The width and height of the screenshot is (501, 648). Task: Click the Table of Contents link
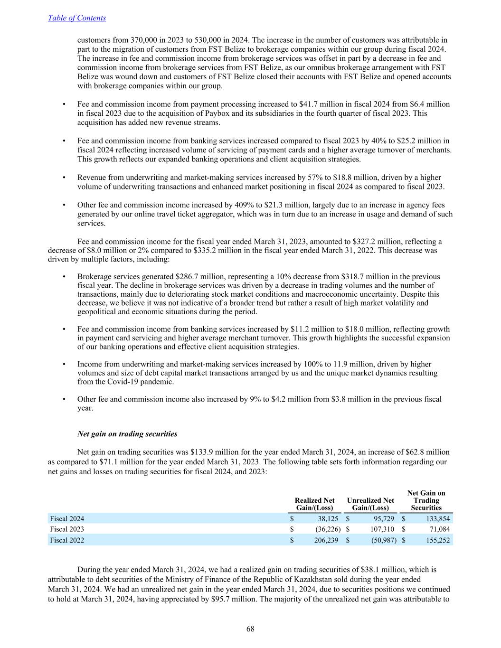[77, 18]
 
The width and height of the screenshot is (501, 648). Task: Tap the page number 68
[250, 629]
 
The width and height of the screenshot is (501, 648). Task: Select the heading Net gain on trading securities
[127, 434]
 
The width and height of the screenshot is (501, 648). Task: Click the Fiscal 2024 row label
[67, 519]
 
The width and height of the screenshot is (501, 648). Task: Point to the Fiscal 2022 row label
[67, 540]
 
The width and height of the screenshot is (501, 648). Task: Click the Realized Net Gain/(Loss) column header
[314, 504]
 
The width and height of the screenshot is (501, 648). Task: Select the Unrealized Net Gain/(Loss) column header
[370, 504]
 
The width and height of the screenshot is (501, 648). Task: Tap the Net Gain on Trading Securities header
[426, 500]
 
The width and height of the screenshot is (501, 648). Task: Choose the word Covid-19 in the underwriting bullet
[126, 382]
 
